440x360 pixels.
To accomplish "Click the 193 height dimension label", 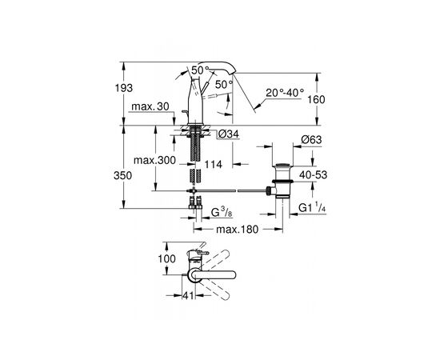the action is click(124, 88).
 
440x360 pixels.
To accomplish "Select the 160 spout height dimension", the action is click(316, 99).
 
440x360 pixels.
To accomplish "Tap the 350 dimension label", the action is click(122, 176).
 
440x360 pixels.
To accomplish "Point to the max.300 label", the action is click(154, 160).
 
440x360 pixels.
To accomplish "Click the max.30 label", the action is click(150, 106).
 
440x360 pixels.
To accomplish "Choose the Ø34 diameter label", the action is click(229, 134).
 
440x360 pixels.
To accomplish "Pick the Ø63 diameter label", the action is click(311, 139).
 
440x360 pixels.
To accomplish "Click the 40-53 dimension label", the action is click(313, 175).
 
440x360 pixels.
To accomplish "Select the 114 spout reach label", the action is click(214, 164).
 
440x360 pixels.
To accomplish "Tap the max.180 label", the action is click(237, 230).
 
